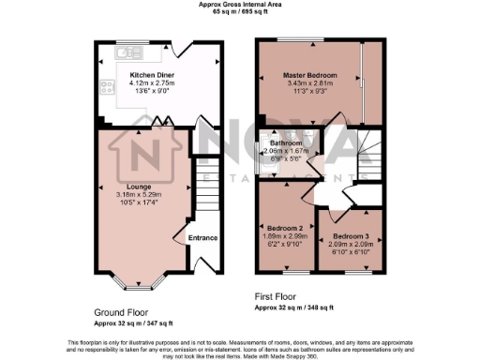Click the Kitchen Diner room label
[x=148, y=74]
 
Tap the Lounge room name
[x=139, y=186]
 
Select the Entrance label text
[x=203, y=237]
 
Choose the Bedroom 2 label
[x=283, y=228]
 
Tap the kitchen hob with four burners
[x=101, y=90]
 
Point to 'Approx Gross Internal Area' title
[x=240, y=5]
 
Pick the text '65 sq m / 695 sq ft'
[x=240, y=13]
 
